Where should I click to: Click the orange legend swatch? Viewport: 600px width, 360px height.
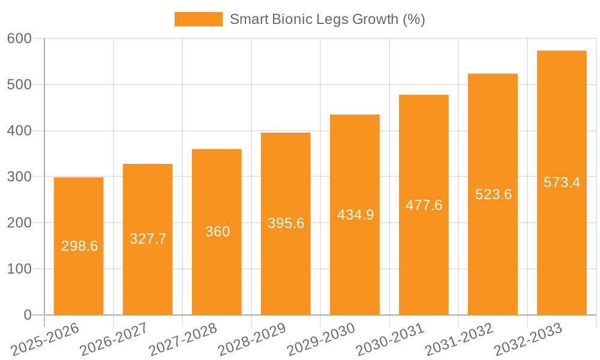point(198,19)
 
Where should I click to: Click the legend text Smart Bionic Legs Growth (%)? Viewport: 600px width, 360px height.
point(327,19)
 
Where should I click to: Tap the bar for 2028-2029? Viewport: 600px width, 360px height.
point(286,270)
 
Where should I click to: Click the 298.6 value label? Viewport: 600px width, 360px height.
point(79,246)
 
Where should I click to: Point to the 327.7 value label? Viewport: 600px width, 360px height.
point(148,239)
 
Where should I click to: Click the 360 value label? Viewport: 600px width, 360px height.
point(217,232)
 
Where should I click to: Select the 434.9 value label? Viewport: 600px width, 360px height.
point(355,215)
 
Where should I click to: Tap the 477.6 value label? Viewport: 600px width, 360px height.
point(424,205)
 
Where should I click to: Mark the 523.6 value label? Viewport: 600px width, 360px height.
point(493,194)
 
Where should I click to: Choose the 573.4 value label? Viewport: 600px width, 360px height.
point(562,182)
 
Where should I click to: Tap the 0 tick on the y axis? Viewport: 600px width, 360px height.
point(28,315)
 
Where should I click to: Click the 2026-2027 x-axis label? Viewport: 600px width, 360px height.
point(113,340)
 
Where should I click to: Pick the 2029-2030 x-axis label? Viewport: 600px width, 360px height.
point(321,340)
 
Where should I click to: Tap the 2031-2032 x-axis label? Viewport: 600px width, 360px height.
point(459,340)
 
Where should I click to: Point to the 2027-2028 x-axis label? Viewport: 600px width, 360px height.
point(182,340)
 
